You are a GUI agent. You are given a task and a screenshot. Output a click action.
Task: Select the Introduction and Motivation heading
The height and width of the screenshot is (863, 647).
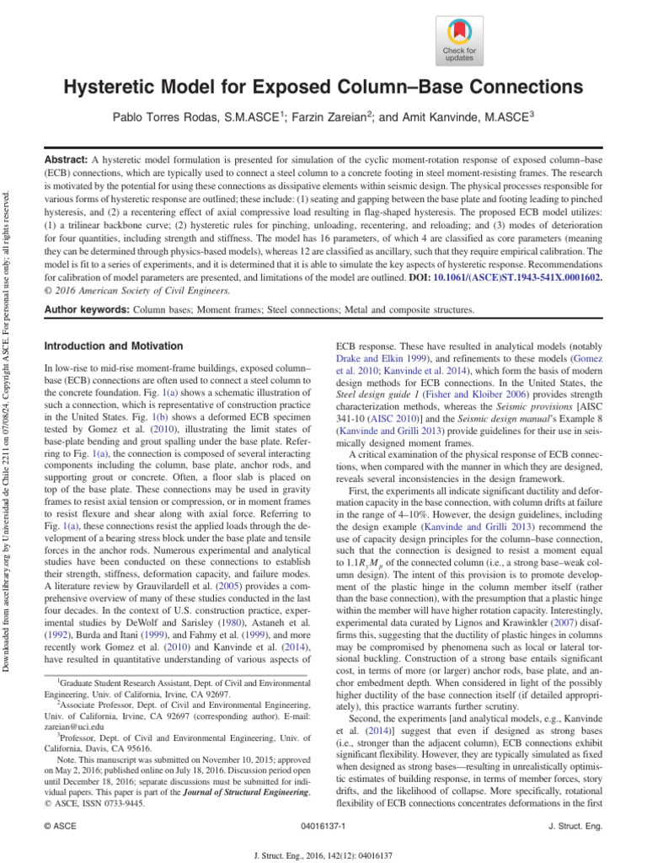coord(113,346)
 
